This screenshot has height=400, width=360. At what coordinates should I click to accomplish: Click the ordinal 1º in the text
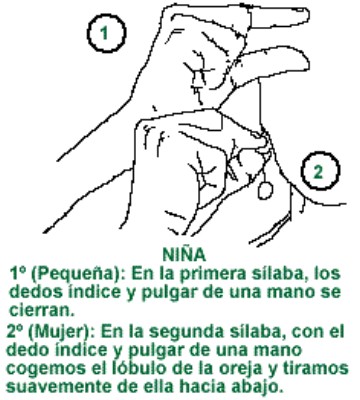20,271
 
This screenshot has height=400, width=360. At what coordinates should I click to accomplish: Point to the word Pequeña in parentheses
79,271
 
